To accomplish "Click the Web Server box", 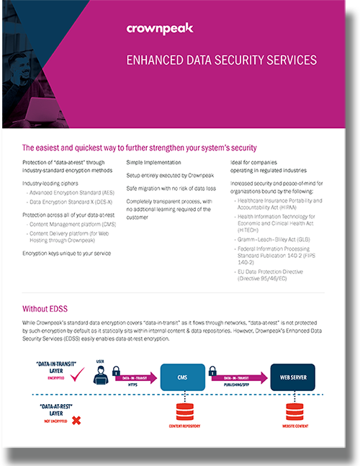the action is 292,376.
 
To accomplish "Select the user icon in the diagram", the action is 100,372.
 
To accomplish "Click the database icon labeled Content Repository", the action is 182,412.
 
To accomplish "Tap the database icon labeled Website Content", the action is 292,412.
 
